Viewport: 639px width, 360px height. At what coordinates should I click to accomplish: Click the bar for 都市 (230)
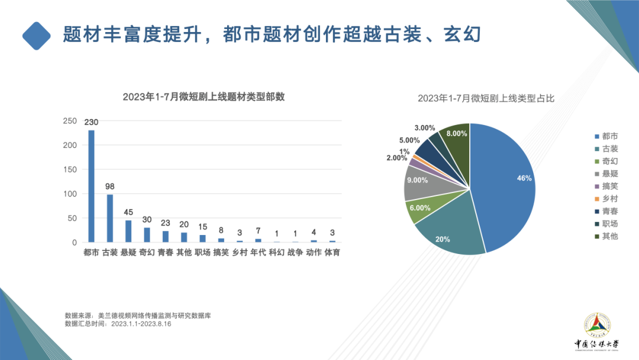[91, 186]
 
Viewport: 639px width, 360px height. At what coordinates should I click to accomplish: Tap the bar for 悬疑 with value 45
[128, 231]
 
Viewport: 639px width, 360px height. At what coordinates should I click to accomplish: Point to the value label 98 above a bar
[110, 187]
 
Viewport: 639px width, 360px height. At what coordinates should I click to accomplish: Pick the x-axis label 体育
[332, 253]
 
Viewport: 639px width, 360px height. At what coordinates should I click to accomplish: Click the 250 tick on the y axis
[70, 121]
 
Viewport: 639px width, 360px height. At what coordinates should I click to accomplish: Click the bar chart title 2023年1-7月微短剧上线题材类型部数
[204, 97]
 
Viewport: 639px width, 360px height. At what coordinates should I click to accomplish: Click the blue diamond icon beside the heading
[37, 36]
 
